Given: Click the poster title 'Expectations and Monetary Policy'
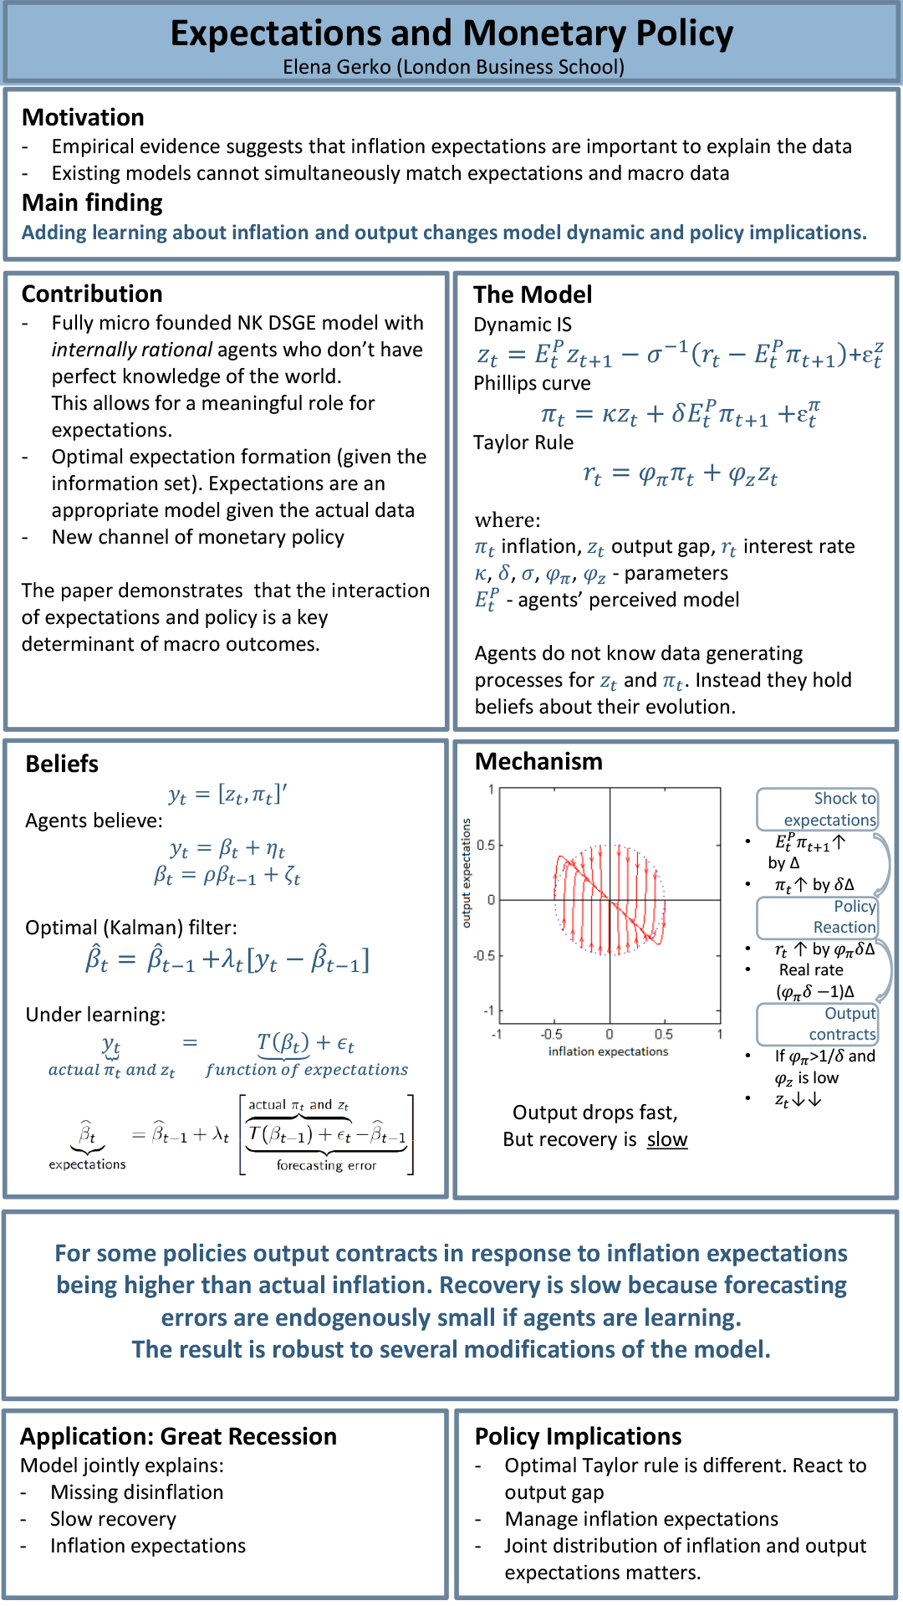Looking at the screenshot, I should tap(451, 33).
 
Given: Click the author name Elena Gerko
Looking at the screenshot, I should tap(336, 67).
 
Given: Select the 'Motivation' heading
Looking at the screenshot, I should tap(83, 117).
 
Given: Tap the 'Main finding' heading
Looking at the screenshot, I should tap(92, 202).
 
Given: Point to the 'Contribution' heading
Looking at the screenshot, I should tap(92, 294).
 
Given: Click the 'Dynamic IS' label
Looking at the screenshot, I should tap(523, 325).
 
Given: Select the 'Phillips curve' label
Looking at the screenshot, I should tap(532, 383).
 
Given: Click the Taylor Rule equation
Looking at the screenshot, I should tap(680, 475).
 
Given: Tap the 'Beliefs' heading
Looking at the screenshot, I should tap(62, 764).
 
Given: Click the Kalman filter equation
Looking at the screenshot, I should tap(227, 959).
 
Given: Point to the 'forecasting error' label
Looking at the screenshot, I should tap(326, 1165).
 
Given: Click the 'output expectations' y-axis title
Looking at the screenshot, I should tap(467, 872).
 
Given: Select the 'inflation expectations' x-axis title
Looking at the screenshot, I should tap(608, 1051).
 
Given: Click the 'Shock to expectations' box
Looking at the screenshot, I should tap(818, 809).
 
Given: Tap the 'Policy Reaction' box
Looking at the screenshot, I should tap(818, 917).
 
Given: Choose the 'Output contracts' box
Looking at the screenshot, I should tap(818, 1024).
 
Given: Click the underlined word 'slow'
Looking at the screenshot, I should tap(667, 1139).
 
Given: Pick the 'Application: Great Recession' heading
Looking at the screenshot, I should tap(178, 1436).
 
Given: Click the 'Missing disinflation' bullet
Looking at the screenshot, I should tap(137, 1492).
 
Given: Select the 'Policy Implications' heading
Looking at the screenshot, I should tap(578, 1436).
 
